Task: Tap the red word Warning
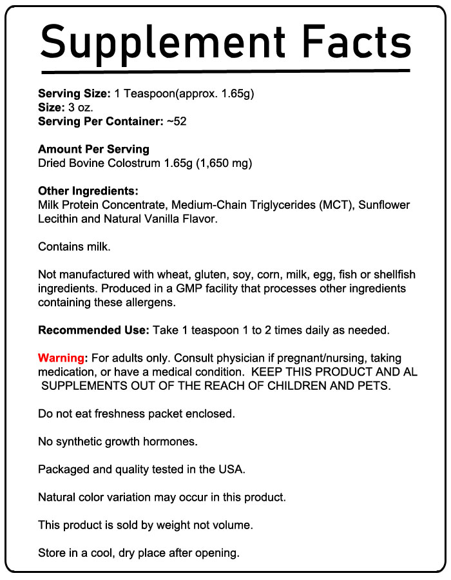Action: [61, 358]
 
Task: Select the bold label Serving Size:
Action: [75, 94]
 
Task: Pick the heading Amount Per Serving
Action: [93, 150]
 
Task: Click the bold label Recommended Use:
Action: [94, 331]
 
